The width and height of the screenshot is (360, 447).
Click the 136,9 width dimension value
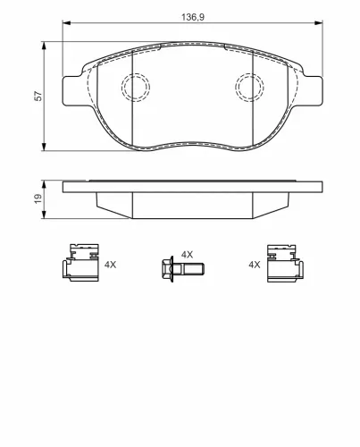[193, 17]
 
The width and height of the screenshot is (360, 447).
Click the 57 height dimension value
[38, 96]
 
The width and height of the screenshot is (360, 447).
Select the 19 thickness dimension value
[38, 198]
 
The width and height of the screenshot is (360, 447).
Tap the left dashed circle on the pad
[121, 88]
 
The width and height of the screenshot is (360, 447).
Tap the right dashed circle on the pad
[235, 88]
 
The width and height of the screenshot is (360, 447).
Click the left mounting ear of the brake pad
[71, 91]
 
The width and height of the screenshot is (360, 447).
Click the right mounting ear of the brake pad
[314, 91]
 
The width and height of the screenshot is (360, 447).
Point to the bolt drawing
[183, 269]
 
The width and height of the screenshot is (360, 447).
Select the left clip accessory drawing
[80, 263]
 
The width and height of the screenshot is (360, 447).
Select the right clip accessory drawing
[285, 263]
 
